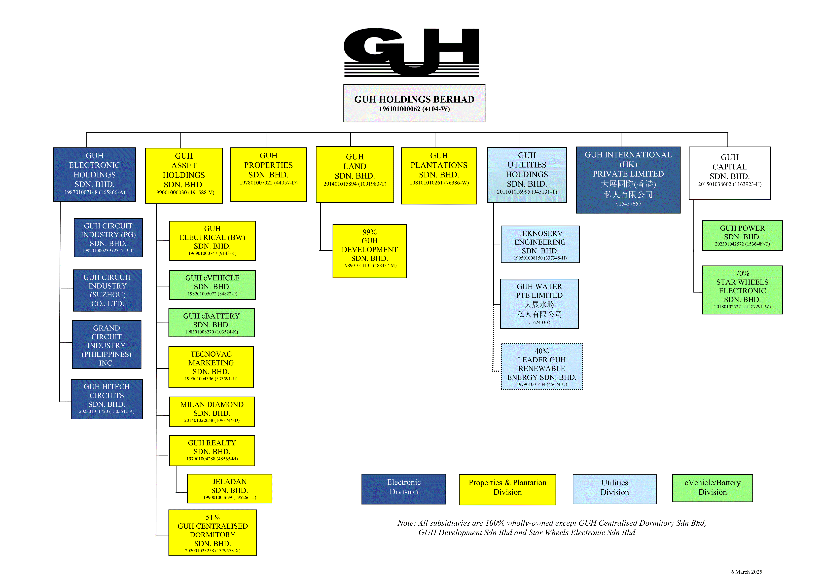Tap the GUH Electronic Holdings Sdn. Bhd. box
click(x=95, y=175)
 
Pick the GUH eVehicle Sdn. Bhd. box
click(x=212, y=285)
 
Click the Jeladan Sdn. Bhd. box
click(x=229, y=488)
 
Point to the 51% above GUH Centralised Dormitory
click(x=213, y=517)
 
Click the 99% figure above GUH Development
click(x=370, y=232)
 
